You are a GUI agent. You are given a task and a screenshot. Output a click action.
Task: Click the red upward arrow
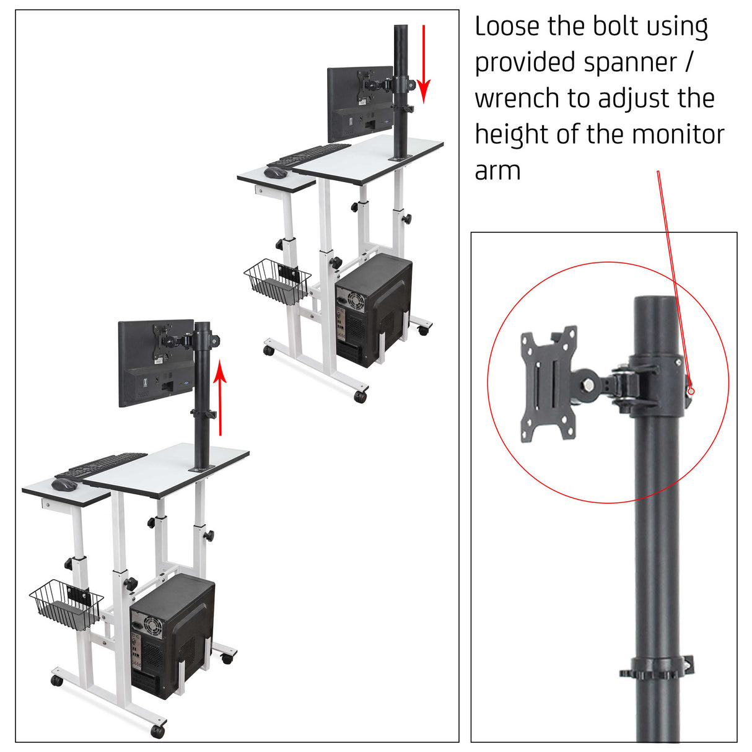[x=219, y=399]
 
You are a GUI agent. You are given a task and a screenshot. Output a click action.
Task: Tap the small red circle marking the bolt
[x=692, y=391]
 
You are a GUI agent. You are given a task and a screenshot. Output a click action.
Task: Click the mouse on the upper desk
[x=276, y=172]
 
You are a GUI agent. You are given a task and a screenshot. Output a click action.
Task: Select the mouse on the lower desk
[x=63, y=484]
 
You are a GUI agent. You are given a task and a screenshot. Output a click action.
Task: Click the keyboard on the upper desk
[x=310, y=155]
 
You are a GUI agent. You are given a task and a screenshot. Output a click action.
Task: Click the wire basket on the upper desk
[x=276, y=282]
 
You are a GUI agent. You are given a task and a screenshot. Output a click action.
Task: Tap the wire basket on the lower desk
[x=65, y=605]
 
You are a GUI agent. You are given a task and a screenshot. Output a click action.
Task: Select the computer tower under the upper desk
[x=373, y=310]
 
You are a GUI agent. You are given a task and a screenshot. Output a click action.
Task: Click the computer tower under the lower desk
[x=172, y=635]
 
